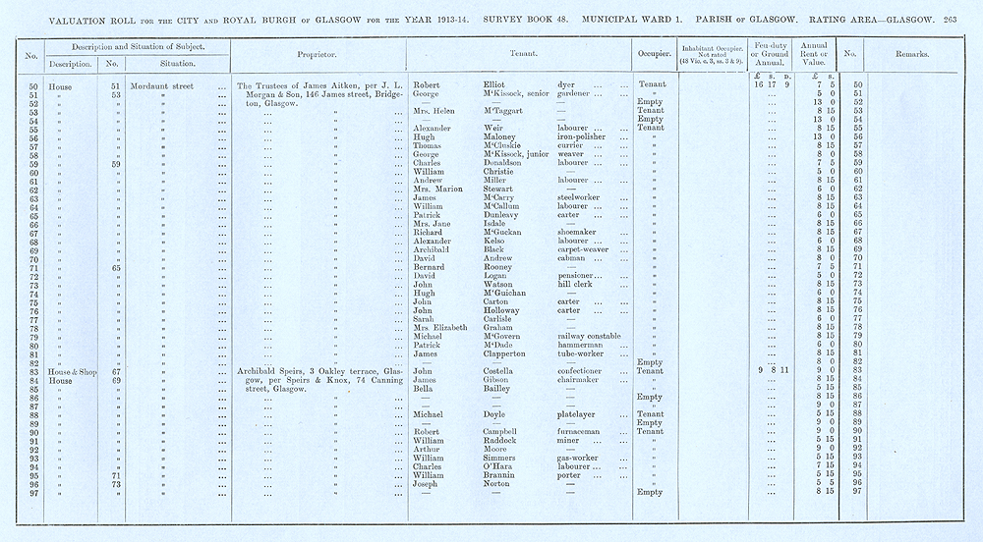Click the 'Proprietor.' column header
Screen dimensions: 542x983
coord(318,54)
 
